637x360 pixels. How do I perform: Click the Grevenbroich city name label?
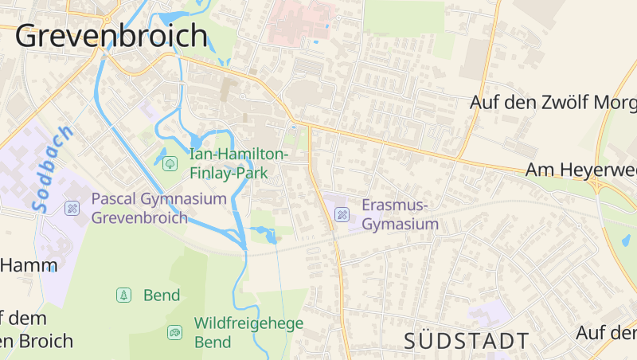click(x=111, y=36)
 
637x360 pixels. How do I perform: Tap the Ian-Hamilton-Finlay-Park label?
click(x=239, y=162)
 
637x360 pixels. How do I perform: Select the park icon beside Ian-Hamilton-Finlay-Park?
click(x=170, y=163)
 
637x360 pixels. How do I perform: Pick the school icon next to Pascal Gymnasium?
click(x=72, y=208)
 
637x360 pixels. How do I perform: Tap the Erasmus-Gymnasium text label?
click(x=400, y=214)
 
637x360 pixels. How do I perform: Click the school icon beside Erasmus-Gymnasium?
click(x=342, y=213)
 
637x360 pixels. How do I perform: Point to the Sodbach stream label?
click(x=53, y=168)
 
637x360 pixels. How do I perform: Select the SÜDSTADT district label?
click(x=466, y=341)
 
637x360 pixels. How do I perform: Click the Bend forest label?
click(x=162, y=295)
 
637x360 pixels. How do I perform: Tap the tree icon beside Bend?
click(x=123, y=295)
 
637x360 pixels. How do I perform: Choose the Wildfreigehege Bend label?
click(x=248, y=332)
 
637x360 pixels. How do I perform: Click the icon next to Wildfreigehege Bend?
click(x=174, y=332)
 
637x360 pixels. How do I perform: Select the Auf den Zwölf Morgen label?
click(x=553, y=102)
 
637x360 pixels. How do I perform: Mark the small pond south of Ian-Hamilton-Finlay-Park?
click(x=264, y=234)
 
